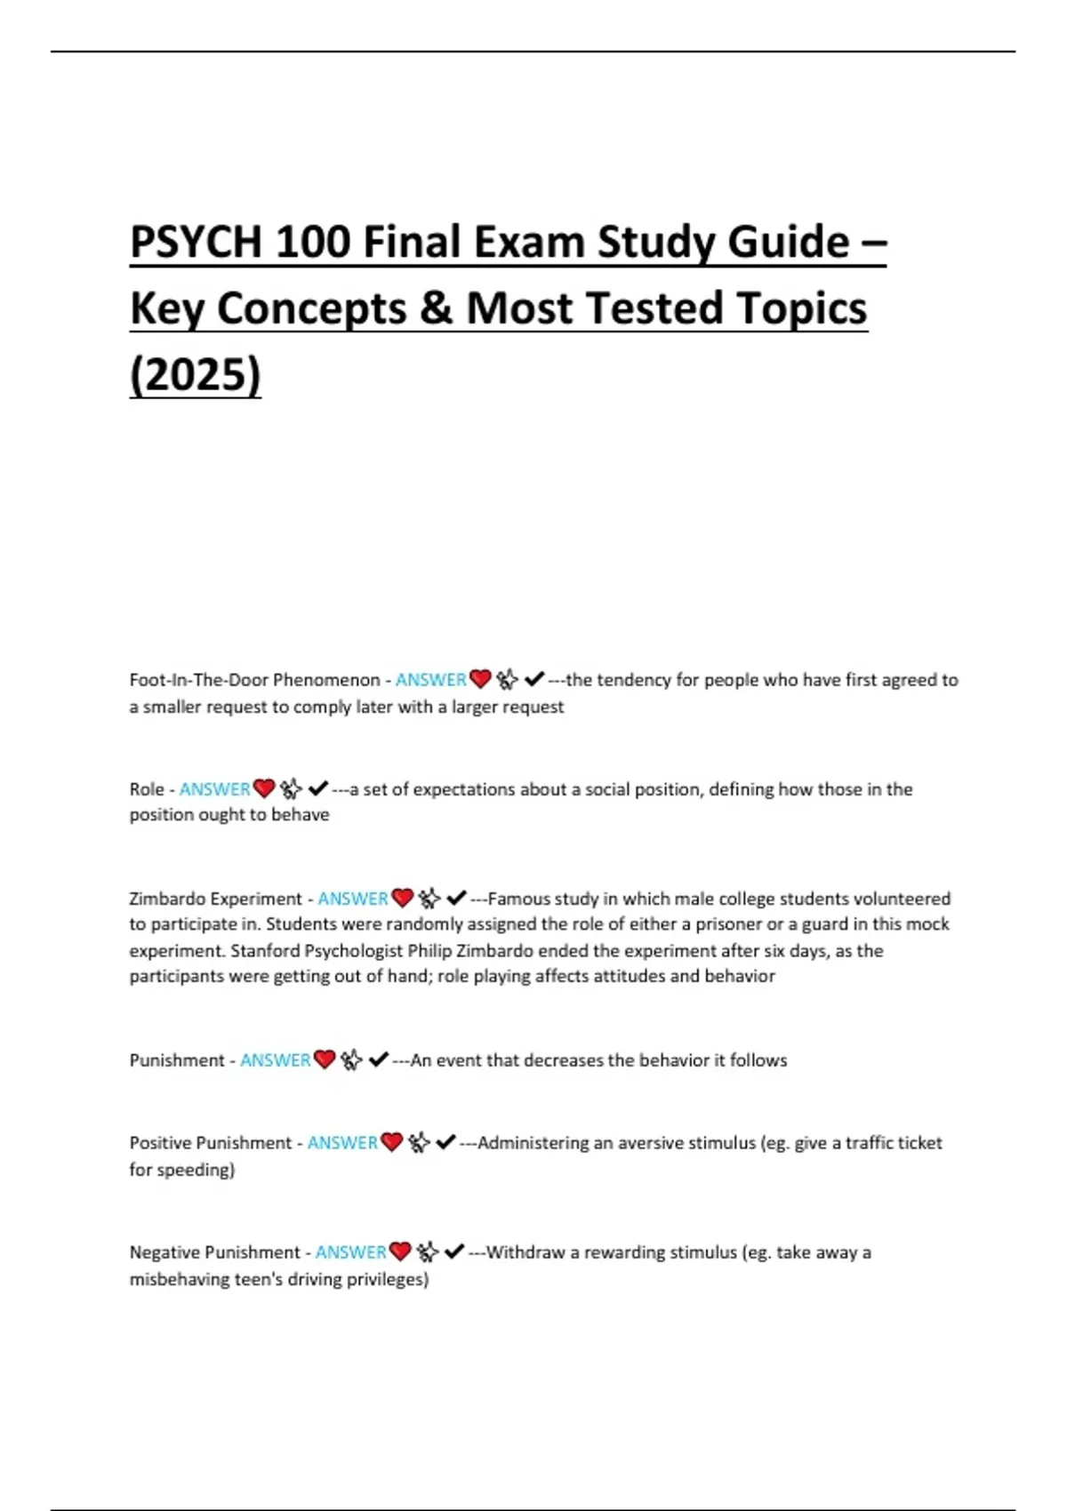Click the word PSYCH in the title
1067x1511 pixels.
[196, 242]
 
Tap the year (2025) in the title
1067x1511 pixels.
[196, 374]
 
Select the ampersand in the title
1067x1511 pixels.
[437, 308]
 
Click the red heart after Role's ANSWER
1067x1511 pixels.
[264, 788]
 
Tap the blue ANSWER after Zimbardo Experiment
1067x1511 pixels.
[353, 899]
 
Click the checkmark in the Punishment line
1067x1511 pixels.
[378, 1059]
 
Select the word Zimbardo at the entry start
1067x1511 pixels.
[165, 899]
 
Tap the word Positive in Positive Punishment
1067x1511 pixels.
[160, 1143]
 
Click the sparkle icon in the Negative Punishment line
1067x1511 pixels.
[428, 1252]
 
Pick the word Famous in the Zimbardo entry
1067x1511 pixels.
[517, 899]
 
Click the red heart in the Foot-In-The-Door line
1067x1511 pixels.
[481, 680]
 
